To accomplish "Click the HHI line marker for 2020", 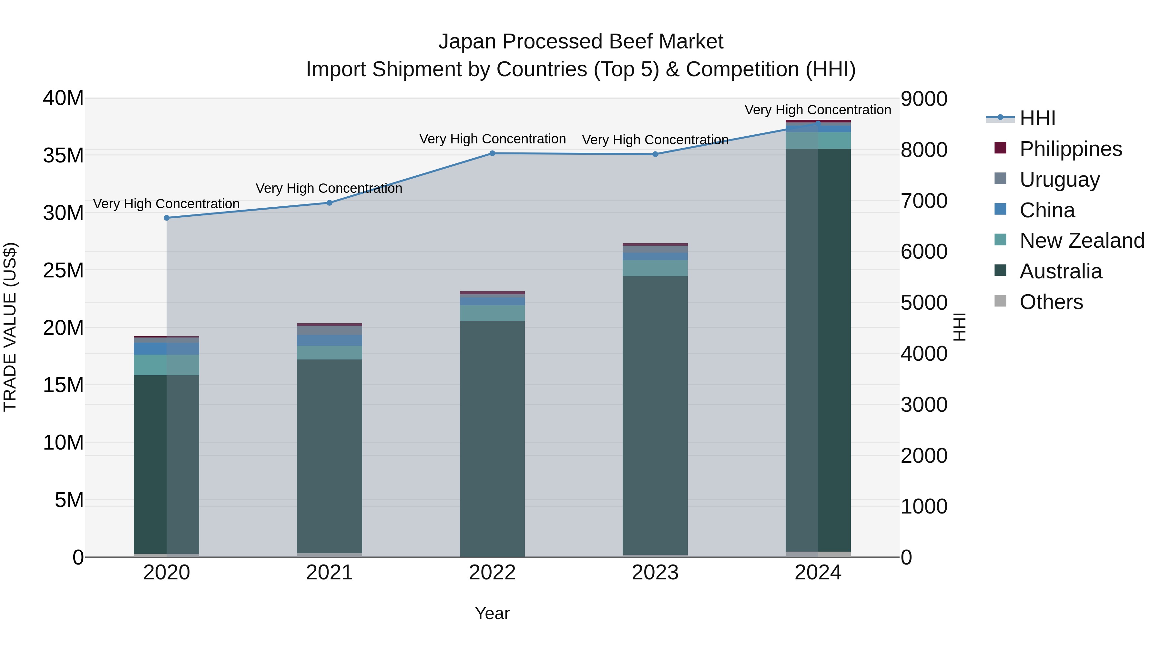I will coord(167,218).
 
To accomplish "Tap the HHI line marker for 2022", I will coord(492,153).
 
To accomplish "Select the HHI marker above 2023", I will coord(655,154).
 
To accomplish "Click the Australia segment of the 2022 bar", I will coord(492,438).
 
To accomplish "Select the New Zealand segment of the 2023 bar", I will coord(655,268).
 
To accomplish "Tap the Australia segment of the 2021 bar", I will coord(329,456).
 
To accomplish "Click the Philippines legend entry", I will coord(1070,149).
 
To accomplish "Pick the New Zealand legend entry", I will coord(1081,241).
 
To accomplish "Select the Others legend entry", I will coord(1051,302).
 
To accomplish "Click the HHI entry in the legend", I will coord(1037,118).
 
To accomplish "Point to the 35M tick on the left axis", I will coord(63,156).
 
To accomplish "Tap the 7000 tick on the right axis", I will coord(924,201).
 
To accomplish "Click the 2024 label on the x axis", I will coord(818,573).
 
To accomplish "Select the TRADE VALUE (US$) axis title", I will coord(10,327).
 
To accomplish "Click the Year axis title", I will coord(492,613).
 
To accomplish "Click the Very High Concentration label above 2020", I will coord(167,204).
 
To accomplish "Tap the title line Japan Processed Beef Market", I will coord(581,42).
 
